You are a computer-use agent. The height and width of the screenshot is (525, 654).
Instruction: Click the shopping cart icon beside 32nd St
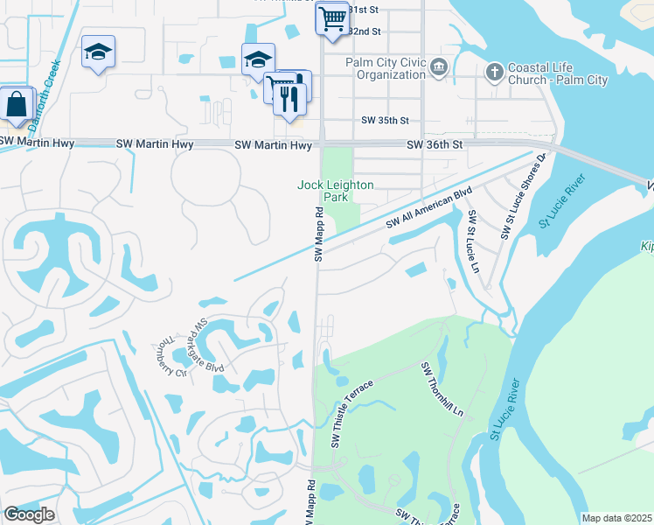(x=331, y=17)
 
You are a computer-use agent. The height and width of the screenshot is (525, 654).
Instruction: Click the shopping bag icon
(x=17, y=103)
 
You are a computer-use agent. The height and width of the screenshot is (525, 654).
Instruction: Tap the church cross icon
(x=494, y=71)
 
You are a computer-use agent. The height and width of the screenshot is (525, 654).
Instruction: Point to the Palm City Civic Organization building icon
(x=440, y=66)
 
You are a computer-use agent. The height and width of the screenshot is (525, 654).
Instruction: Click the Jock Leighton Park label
(x=336, y=191)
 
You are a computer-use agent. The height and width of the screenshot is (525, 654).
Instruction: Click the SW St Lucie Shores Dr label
(x=522, y=197)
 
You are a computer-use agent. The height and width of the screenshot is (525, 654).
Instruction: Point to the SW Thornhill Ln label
(x=442, y=388)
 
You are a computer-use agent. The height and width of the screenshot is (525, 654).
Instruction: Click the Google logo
(x=29, y=514)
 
